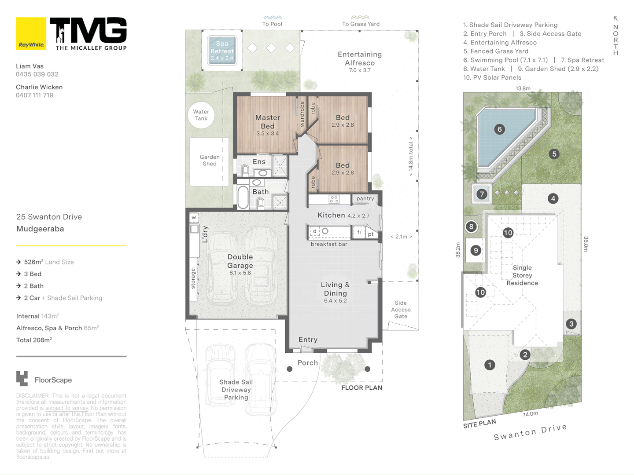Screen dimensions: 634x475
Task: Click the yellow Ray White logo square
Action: [x=31, y=33]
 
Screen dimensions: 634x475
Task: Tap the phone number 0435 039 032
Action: [x=37, y=74]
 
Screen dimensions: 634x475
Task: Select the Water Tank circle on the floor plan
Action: [x=201, y=115]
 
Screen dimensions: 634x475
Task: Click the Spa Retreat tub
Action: [x=222, y=51]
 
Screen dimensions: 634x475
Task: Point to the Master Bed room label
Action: [x=267, y=122]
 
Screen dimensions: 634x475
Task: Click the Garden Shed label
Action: [x=210, y=161]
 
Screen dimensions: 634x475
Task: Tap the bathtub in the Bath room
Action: [x=243, y=197]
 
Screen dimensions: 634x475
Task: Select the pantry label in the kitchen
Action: [x=365, y=199]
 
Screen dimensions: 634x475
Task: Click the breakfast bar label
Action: [x=329, y=244]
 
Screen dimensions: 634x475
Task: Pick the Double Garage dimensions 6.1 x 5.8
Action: [x=240, y=273]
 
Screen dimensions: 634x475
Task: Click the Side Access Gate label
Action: [x=401, y=310]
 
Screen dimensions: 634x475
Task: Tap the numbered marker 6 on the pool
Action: [x=499, y=129]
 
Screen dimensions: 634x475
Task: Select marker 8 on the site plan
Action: [x=471, y=227]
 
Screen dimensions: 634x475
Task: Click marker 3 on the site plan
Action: [x=571, y=324]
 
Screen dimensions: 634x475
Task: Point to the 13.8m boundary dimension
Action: [x=523, y=88]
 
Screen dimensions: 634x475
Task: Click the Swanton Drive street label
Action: [x=530, y=432]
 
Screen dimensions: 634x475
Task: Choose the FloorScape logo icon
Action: [x=22, y=378]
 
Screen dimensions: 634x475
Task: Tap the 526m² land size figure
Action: [x=33, y=262]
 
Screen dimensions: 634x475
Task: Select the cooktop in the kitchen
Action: [x=334, y=199]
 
